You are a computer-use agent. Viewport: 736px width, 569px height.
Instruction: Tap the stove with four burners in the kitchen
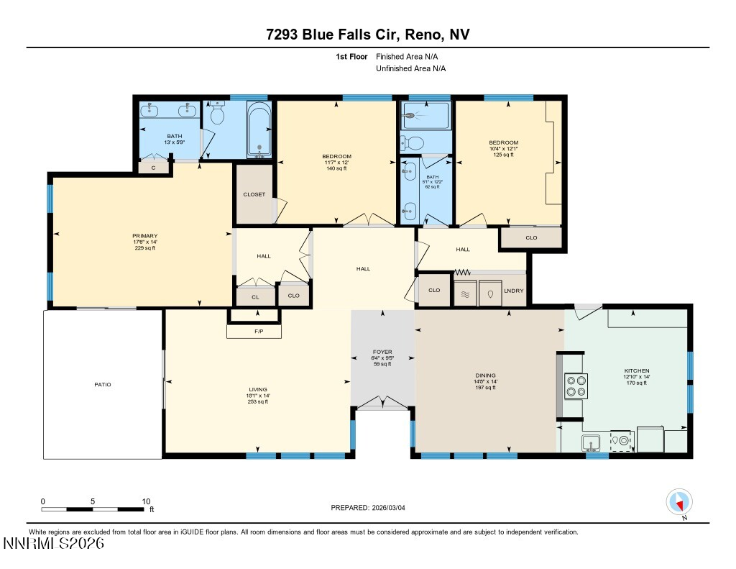576,386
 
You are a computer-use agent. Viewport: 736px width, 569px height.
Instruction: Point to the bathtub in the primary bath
259,129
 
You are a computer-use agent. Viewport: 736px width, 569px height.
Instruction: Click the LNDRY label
514,291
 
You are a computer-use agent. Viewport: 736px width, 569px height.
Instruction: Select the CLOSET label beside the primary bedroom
254,194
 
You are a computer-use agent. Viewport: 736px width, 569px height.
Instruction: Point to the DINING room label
486,375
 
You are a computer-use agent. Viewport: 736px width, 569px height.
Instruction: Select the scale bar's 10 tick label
146,501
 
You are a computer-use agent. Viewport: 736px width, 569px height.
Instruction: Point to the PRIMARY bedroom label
144,236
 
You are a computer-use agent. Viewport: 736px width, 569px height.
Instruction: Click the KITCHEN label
636,370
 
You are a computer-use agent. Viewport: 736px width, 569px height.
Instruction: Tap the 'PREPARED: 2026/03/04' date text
367,508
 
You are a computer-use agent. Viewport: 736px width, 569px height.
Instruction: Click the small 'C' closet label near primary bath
153,167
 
